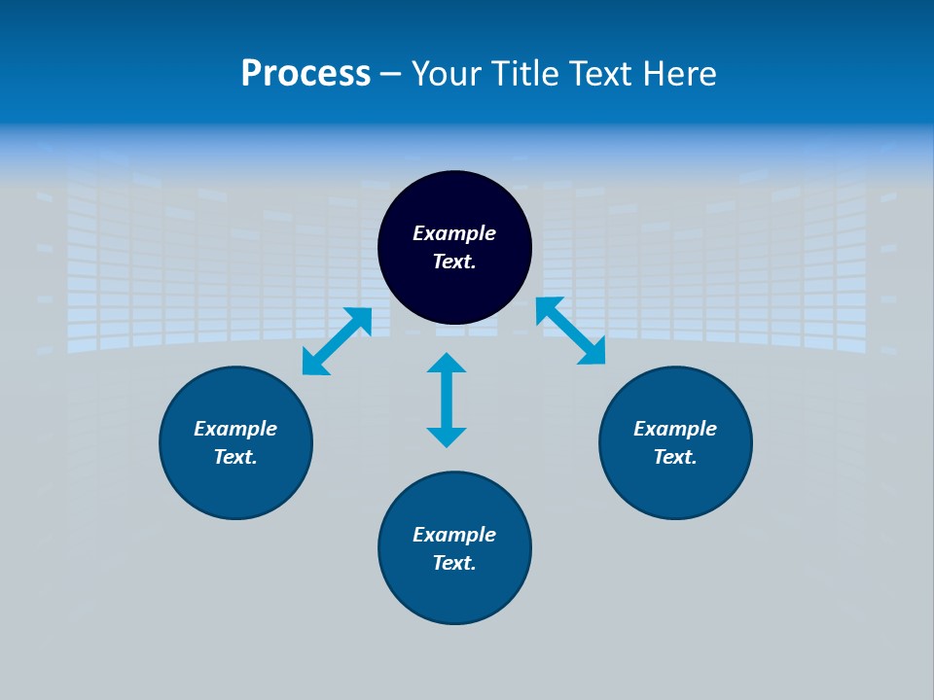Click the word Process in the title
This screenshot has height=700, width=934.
coord(305,74)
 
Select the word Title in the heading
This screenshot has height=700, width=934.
coord(530,74)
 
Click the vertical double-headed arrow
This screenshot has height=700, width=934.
coord(447,401)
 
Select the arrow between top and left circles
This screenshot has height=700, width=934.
coord(337,341)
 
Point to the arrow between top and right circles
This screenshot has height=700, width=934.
coord(571,331)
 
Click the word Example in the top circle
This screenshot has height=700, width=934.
coord(454,233)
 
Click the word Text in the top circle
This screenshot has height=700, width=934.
coord(453,262)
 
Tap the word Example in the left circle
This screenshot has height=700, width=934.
coord(235,429)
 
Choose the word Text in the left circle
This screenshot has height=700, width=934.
coord(234,457)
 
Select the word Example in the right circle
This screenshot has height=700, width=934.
coord(675,429)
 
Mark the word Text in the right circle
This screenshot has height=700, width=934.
coord(674,457)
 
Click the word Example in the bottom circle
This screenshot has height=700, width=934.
coord(454,535)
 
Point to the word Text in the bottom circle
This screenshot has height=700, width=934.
coord(453,563)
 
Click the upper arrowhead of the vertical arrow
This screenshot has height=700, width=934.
coord(447,363)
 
